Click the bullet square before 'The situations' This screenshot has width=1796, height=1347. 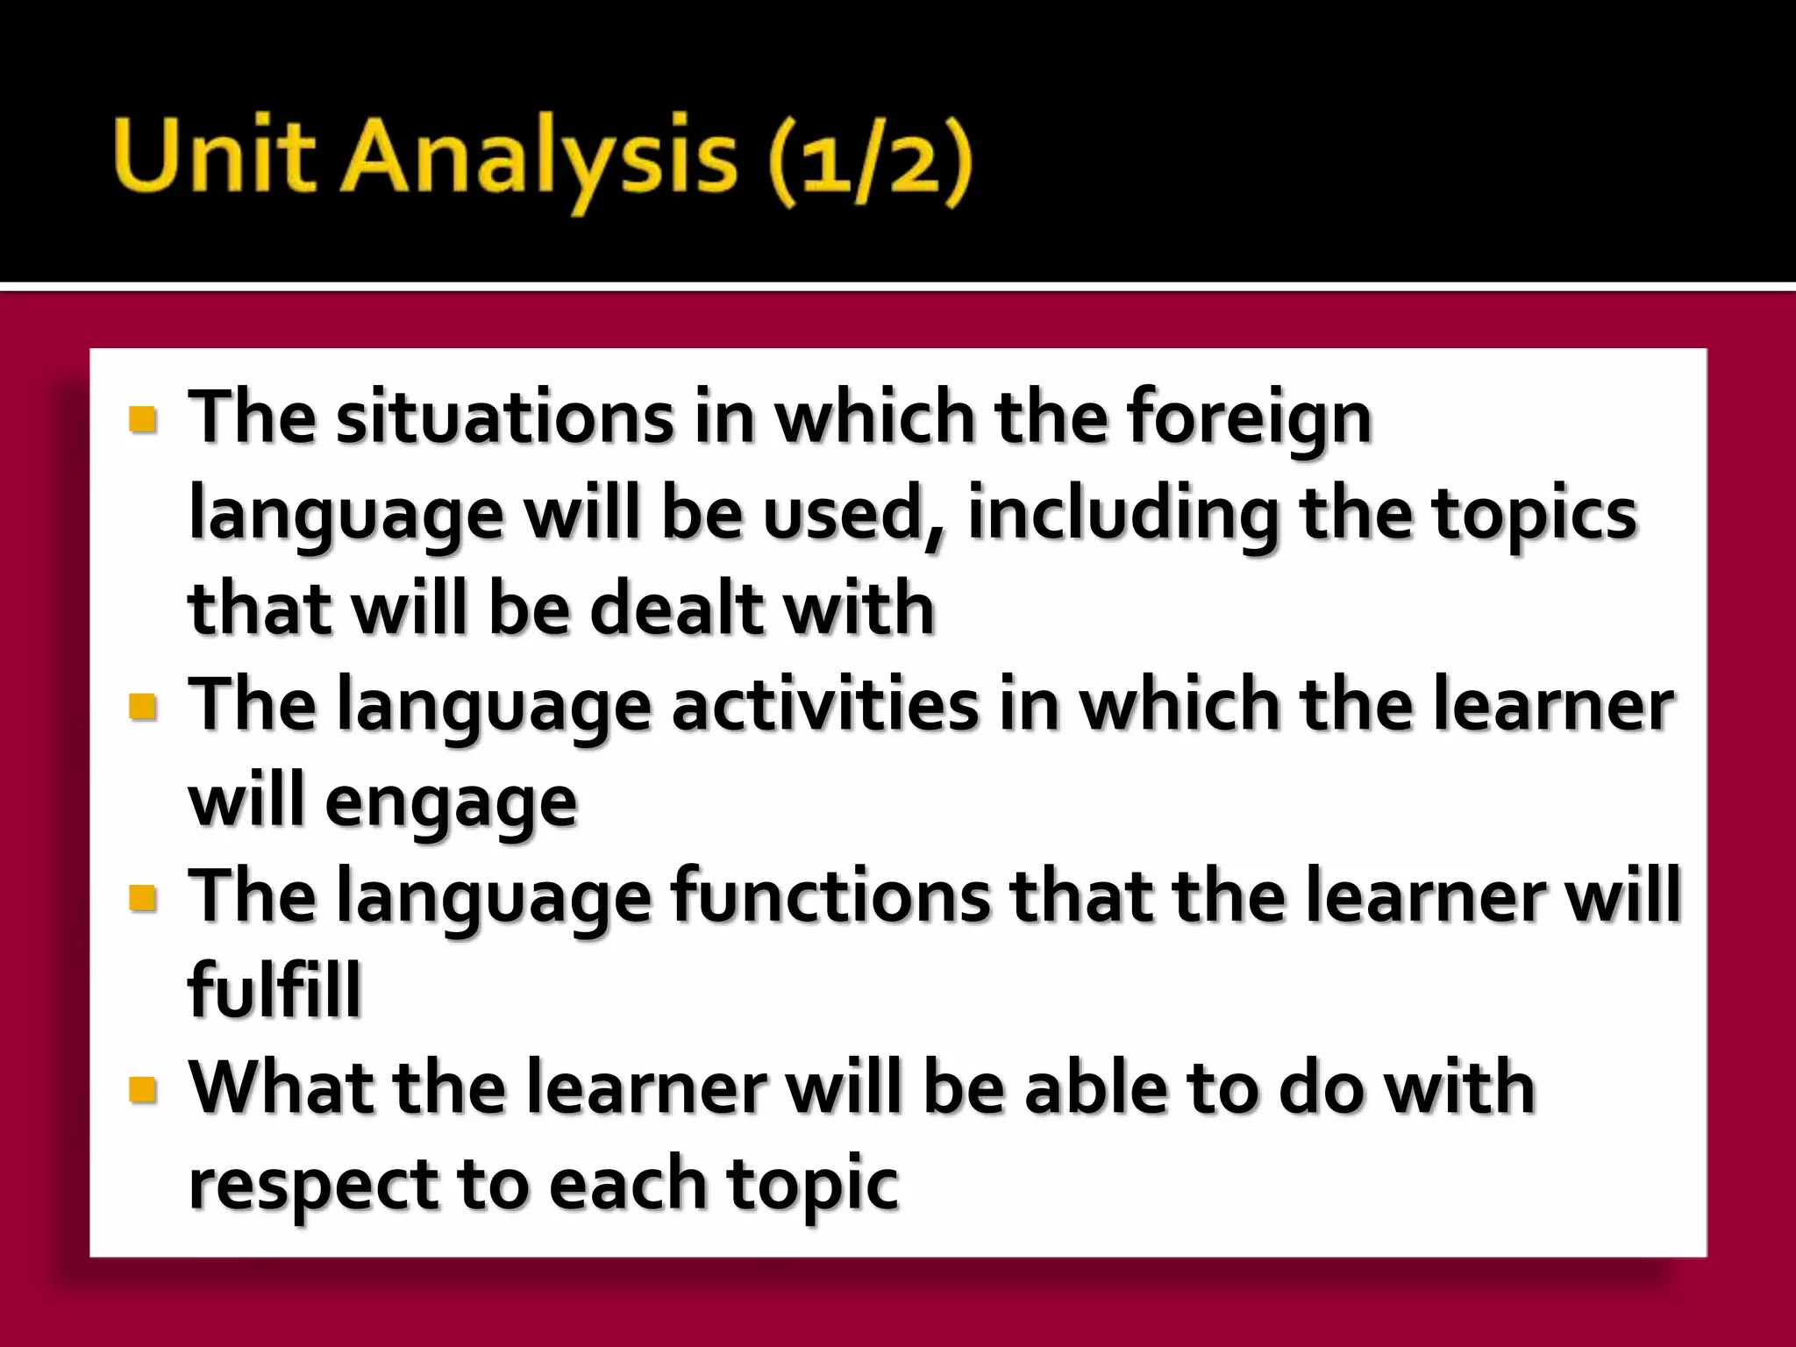coord(142,419)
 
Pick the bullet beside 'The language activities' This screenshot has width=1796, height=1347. coord(142,707)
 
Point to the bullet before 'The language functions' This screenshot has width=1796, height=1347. coord(142,898)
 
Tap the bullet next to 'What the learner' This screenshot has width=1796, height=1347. coord(142,1089)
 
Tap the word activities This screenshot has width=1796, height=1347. coord(824,705)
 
